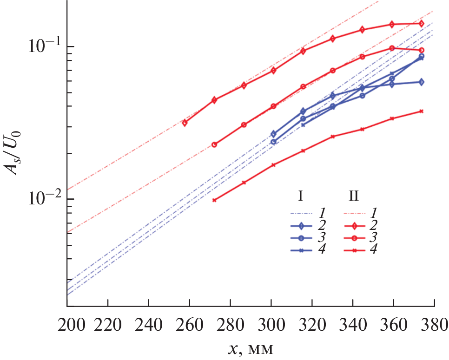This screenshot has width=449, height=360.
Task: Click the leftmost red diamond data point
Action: click(x=185, y=123)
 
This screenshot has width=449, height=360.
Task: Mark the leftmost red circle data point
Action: click(x=214, y=144)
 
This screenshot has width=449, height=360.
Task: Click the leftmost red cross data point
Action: click(x=214, y=200)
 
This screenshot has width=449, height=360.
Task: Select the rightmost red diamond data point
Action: click(x=421, y=23)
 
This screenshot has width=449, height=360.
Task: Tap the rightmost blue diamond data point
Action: click(x=421, y=82)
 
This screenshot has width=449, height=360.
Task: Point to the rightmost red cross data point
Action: click(x=421, y=111)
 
